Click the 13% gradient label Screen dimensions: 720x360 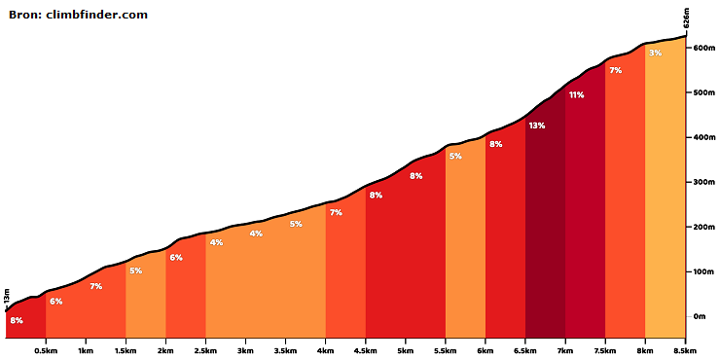point(536,126)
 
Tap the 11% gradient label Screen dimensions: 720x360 point(576,95)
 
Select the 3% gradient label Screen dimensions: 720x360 point(655,53)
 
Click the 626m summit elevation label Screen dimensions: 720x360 point(687,19)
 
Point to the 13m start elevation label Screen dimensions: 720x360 point(7,297)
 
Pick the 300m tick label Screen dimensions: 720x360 point(705,182)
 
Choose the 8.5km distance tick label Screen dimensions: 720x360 point(686,350)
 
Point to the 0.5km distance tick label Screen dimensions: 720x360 point(46,350)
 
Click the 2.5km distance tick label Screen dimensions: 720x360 point(205,350)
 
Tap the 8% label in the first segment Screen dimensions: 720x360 point(17,320)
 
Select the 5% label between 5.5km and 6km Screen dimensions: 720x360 point(455,156)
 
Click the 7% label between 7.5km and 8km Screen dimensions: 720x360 point(615,70)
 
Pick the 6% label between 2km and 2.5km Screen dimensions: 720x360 point(176,258)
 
